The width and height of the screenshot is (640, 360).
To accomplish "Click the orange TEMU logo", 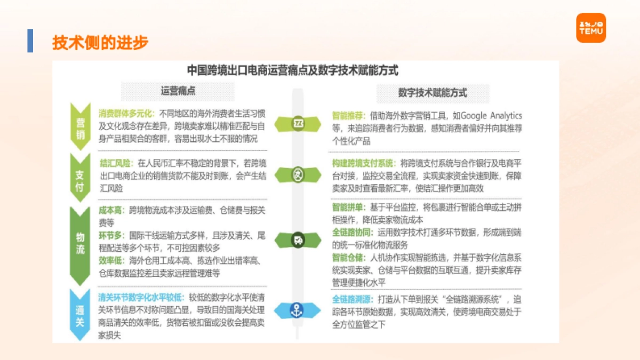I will pyautogui.click(x=591, y=28).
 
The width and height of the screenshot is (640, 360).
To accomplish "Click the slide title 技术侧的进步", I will pyautogui.click(x=100, y=43).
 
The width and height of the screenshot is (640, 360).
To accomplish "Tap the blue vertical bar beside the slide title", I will pyautogui.click(x=30, y=41).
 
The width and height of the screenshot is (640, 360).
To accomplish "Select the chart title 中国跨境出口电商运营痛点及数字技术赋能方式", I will pyautogui.click(x=292, y=70).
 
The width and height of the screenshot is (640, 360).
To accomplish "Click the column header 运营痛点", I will pyautogui.click(x=178, y=91).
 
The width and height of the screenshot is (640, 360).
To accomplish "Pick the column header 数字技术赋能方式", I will pyautogui.click(x=433, y=92).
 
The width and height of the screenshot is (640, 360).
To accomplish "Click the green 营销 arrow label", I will pyautogui.click(x=80, y=126).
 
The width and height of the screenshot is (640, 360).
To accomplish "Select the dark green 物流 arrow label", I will pyautogui.click(x=80, y=243).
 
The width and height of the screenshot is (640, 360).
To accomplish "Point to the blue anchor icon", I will pyautogui.click(x=297, y=310).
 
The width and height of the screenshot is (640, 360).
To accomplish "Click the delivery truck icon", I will pyautogui.click(x=297, y=240).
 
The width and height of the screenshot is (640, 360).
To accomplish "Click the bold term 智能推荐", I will pyautogui.click(x=348, y=116).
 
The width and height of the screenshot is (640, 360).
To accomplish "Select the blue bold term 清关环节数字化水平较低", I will pyautogui.click(x=141, y=297).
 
